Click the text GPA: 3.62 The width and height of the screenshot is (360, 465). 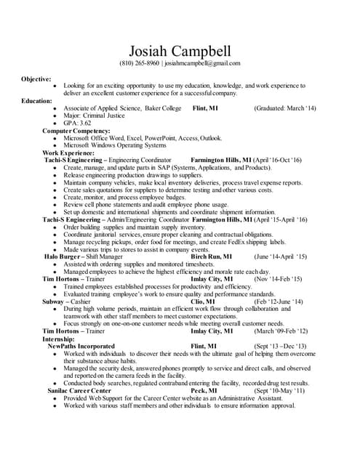78,123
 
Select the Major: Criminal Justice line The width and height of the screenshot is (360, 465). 97,116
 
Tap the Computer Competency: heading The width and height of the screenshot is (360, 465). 78,130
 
